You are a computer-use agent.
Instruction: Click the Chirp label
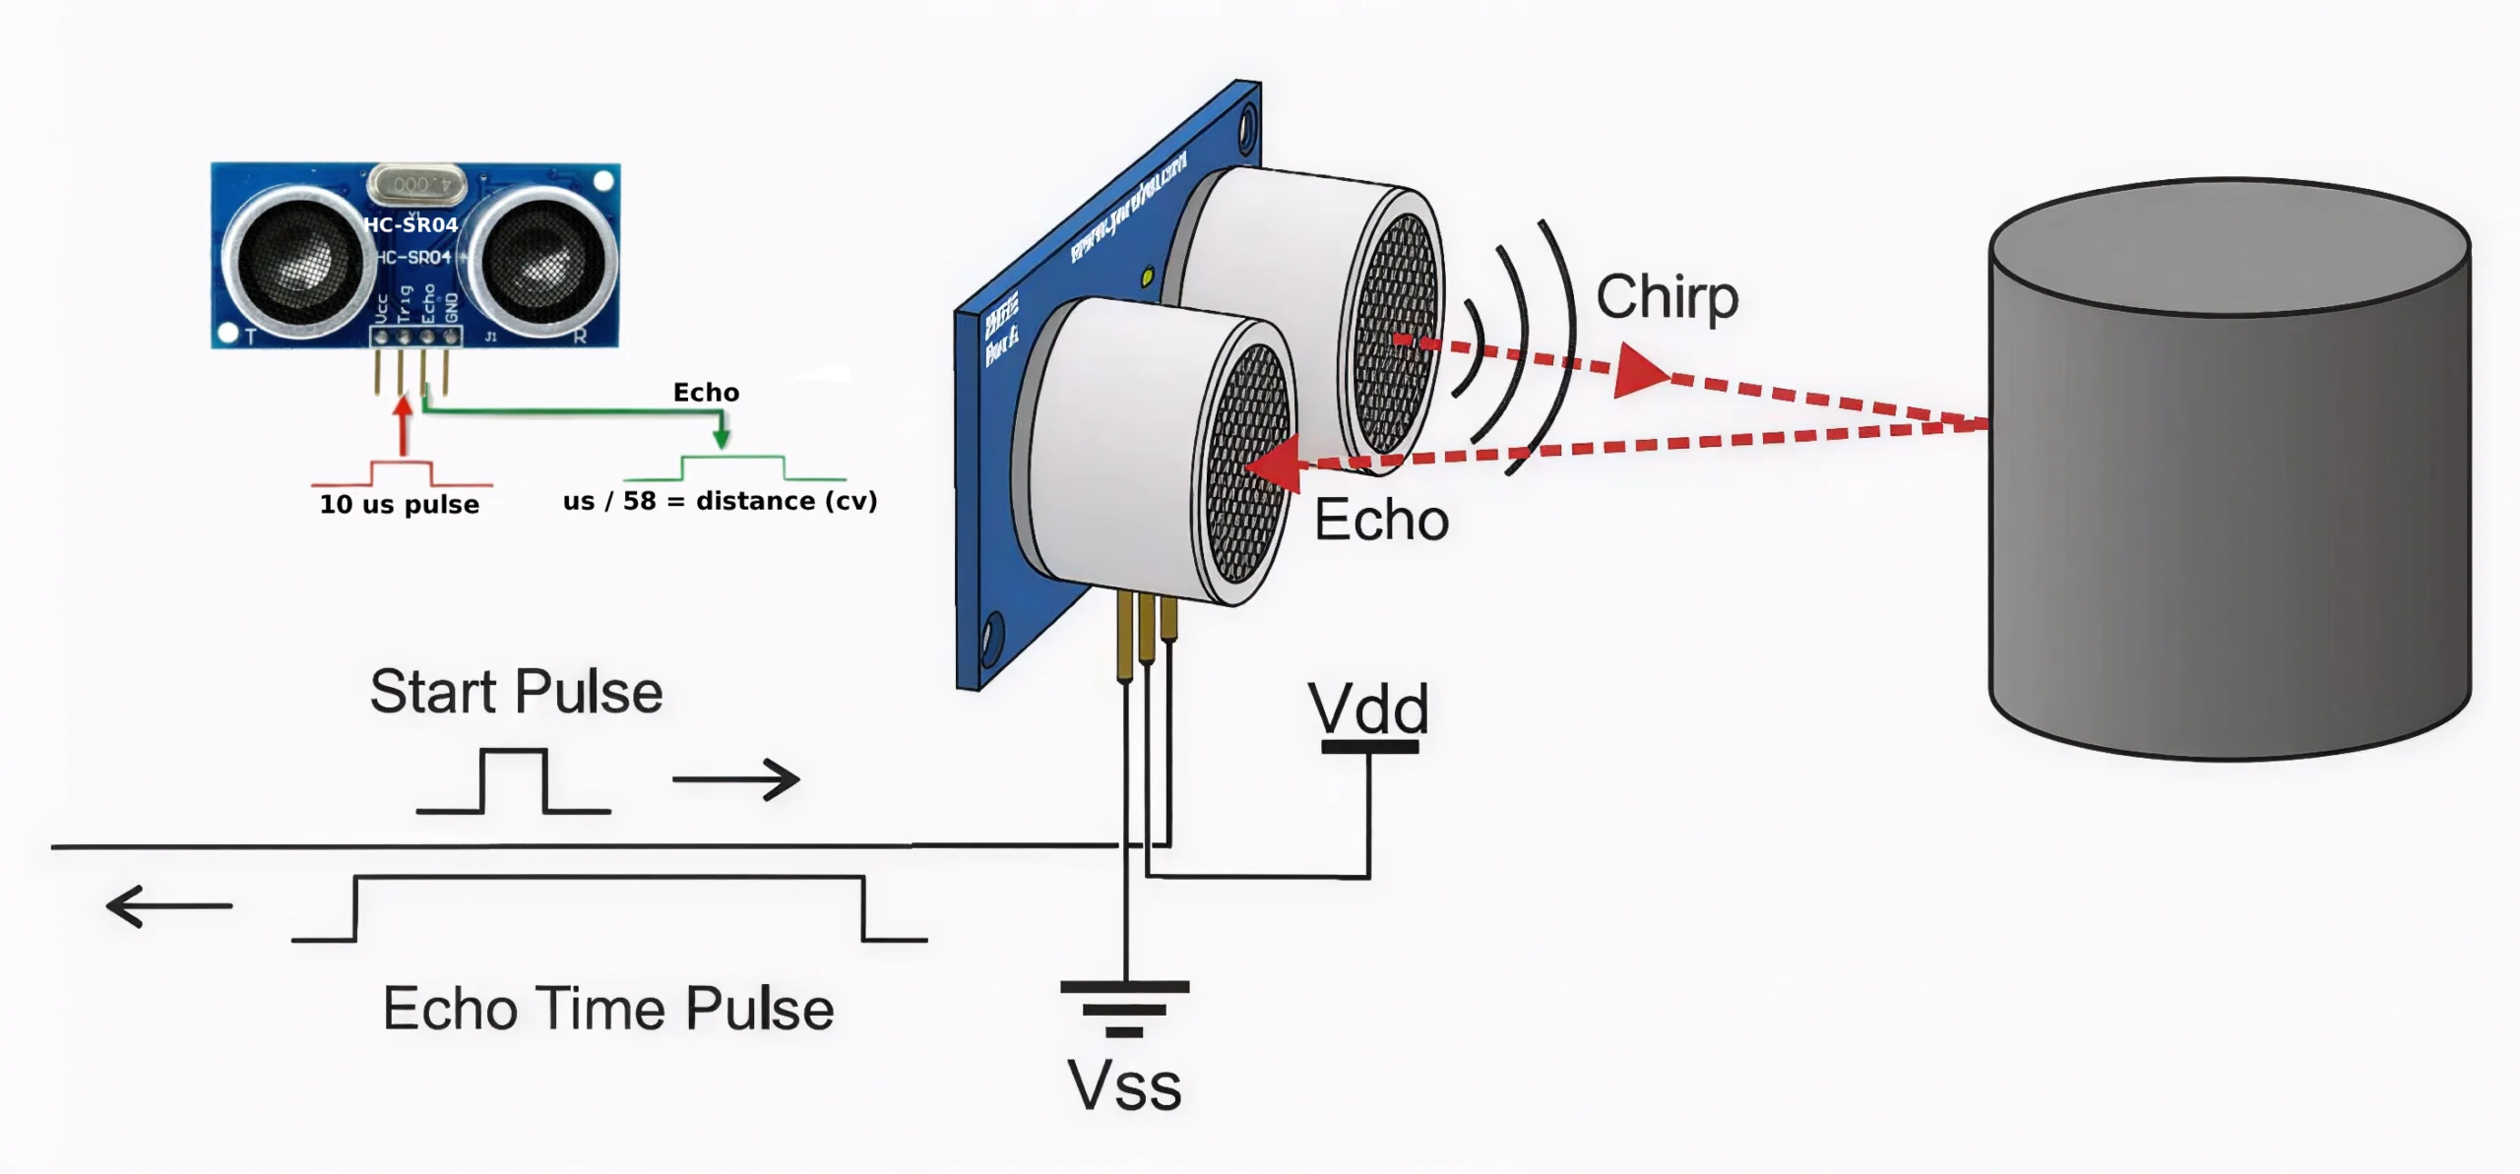(1667, 297)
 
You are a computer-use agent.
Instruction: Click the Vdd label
(1367, 709)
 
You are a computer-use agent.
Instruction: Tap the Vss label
(1124, 1086)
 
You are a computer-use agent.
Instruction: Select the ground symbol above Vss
(1124, 1008)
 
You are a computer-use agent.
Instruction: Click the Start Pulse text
(516, 692)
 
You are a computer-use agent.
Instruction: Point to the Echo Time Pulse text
(608, 1009)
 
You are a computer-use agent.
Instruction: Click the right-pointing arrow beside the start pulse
(736, 779)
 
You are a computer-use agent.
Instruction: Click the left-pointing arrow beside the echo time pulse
(168, 906)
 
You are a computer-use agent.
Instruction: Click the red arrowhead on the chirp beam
(1640, 372)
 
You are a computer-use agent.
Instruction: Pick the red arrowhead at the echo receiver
(1273, 463)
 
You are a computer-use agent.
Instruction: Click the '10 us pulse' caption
(399, 505)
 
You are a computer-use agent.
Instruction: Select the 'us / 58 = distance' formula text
(720, 501)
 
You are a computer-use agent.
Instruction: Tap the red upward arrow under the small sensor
(403, 423)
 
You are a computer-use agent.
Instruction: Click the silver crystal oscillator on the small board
(415, 184)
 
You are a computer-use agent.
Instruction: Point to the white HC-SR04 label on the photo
(410, 224)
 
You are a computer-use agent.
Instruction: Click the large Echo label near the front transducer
(1381, 520)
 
